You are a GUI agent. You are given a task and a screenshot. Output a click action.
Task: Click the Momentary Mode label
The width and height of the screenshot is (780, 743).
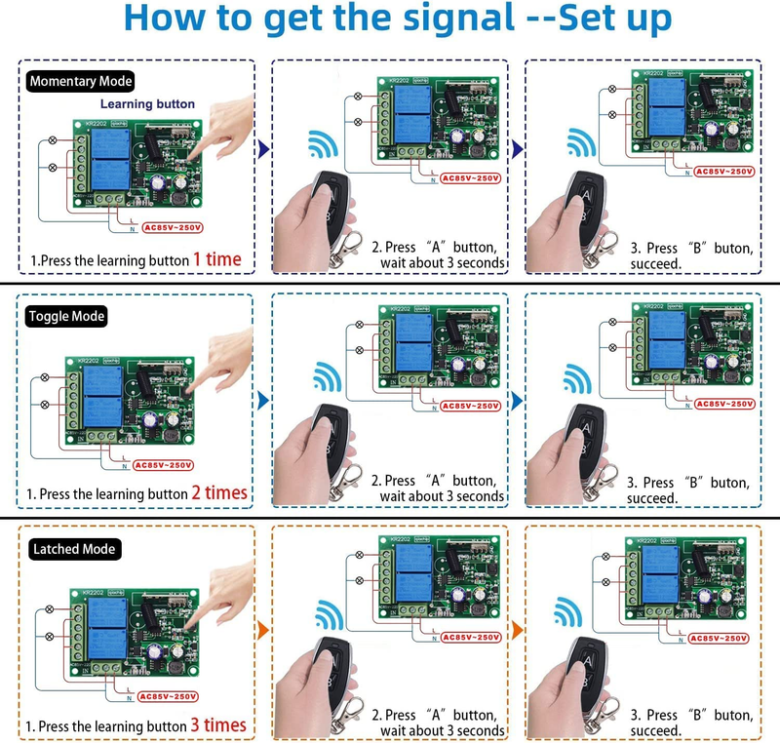click(x=81, y=82)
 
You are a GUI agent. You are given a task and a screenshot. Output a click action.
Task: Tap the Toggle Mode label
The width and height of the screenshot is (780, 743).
click(x=67, y=316)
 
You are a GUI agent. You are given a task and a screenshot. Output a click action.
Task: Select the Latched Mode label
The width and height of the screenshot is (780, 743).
click(x=74, y=549)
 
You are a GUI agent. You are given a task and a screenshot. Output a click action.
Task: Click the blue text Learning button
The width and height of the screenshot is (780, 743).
click(x=146, y=103)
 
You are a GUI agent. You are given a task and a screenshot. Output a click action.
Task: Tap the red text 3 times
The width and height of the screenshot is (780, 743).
click(x=218, y=724)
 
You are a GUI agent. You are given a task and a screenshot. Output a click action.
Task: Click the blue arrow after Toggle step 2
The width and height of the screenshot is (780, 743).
click(x=515, y=400)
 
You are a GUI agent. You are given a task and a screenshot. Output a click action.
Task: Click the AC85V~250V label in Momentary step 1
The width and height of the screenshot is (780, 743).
click(x=172, y=227)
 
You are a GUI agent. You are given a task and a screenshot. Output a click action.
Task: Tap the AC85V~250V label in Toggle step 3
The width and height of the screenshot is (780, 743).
click(x=721, y=404)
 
